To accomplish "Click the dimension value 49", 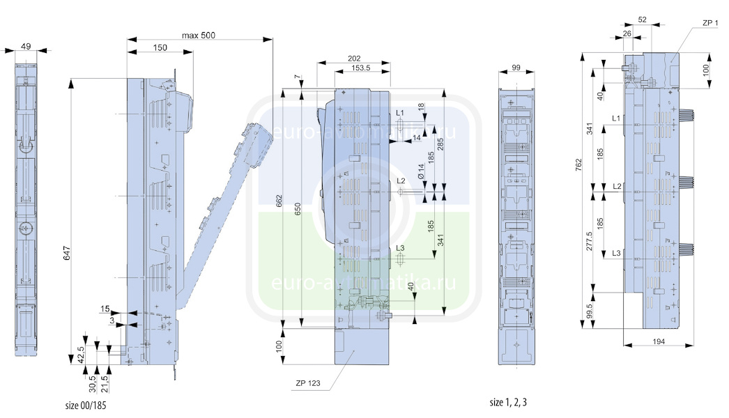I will click(26, 47).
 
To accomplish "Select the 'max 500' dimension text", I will click(198, 36).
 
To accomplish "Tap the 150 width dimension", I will click(160, 47).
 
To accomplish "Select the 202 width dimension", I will click(353, 59).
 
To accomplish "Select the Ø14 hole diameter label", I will click(421, 171).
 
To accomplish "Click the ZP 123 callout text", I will click(309, 382).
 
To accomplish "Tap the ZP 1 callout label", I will click(710, 24).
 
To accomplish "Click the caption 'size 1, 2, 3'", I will click(513, 403).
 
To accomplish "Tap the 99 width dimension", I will click(516, 68).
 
